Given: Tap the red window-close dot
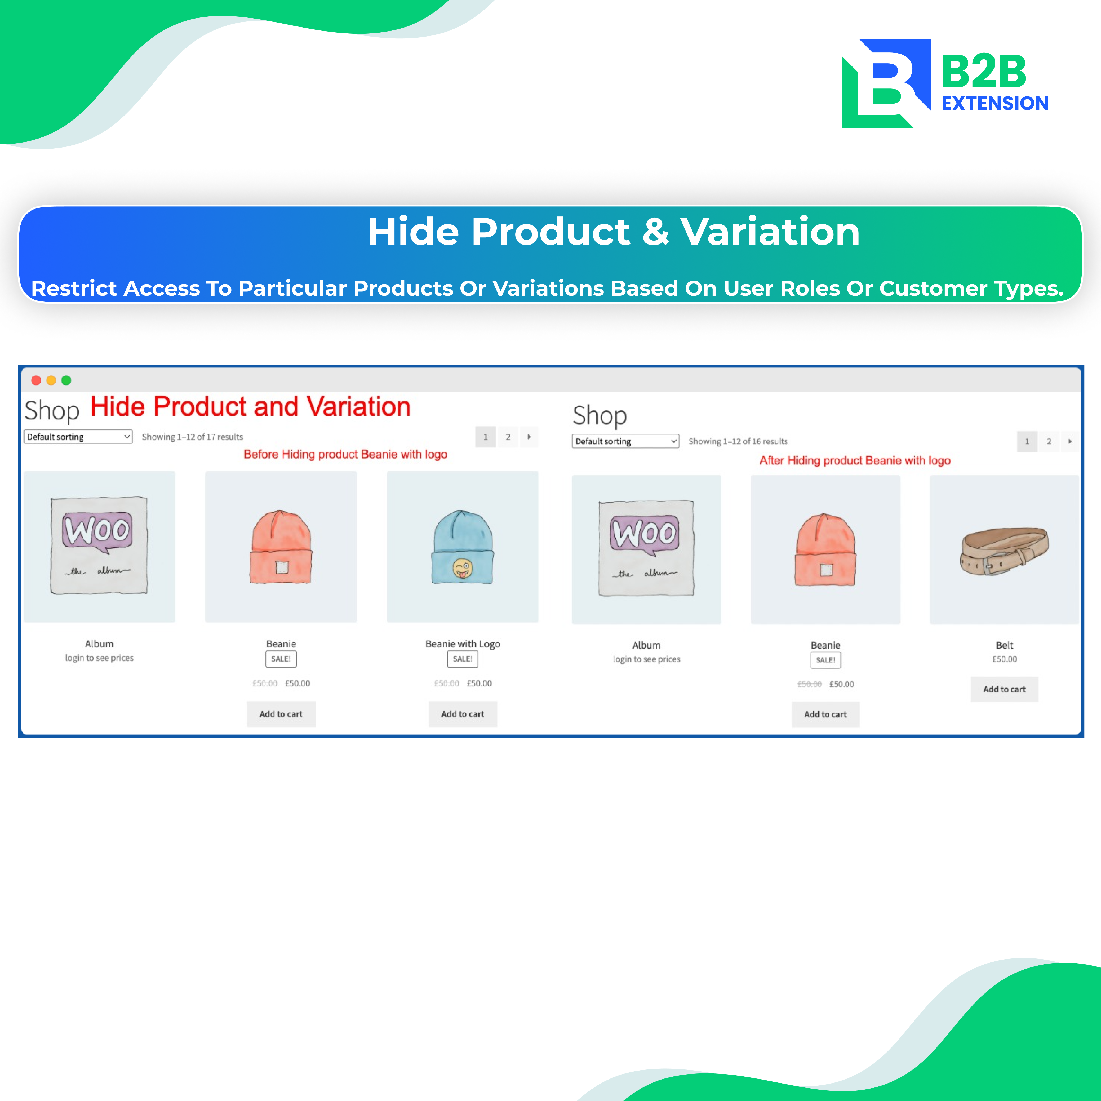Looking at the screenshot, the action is click(36, 380).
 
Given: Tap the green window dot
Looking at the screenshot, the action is click(66, 380).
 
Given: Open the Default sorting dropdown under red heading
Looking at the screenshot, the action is click(78, 437).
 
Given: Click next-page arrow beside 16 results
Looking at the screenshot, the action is click(1070, 441).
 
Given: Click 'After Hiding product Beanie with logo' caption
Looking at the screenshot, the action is click(855, 460).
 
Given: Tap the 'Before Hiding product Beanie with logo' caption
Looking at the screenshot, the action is click(345, 454).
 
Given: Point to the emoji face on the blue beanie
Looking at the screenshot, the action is click(462, 568).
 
